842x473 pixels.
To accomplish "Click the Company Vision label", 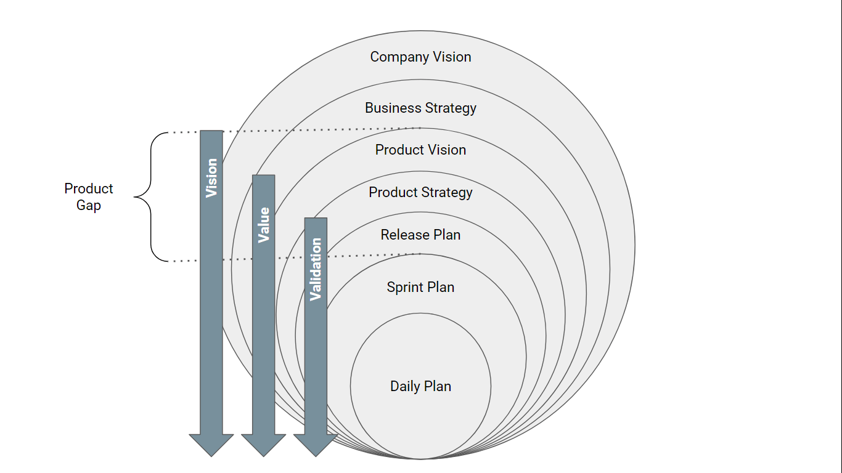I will pos(420,57).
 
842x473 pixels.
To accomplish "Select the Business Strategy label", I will pos(420,108).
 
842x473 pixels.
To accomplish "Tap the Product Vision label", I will pos(420,150).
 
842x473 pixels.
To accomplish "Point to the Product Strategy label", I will pos(420,192).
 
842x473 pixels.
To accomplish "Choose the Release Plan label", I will pos(420,235).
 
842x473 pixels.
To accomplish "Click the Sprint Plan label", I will pos(420,287).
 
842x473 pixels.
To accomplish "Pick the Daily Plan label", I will pos(420,386).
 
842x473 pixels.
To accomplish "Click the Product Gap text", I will pos(89,197).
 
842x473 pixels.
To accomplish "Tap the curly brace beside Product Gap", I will pos(148,197).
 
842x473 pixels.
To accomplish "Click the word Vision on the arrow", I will pos(211,178).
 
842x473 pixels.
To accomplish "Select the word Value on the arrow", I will pos(264,225).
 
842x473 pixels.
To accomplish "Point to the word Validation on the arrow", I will pos(316,269).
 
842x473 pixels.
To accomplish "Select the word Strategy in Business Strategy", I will pos(448,108).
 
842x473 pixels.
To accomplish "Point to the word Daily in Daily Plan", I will pos(405,387).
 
